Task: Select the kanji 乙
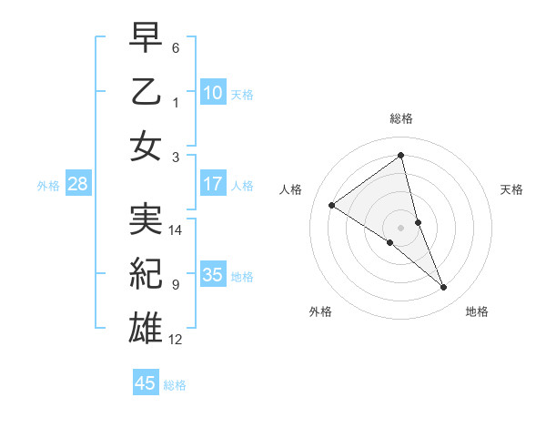click(146, 94)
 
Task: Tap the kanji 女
click(146, 147)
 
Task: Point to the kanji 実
click(146, 218)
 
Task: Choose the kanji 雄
click(146, 326)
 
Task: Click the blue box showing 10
click(213, 93)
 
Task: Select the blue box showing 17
click(213, 184)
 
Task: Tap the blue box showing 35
click(213, 275)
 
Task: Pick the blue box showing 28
click(77, 185)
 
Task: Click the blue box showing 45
click(146, 383)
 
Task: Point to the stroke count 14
click(176, 230)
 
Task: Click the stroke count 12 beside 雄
click(176, 340)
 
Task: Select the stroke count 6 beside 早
click(176, 47)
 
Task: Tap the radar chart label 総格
click(400, 118)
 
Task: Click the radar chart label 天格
click(512, 189)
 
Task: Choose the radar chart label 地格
click(477, 311)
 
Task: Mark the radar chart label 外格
click(320, 311)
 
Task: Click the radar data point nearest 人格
click(332, 205)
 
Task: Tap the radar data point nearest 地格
click(444, 288)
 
